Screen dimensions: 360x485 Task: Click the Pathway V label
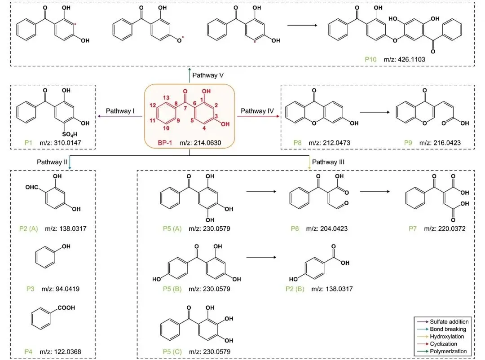pos(208,75)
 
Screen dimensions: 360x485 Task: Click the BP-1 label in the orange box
pos(161,143)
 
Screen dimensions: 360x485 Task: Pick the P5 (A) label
pos(171,228)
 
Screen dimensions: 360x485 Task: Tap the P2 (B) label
pos(294,288)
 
